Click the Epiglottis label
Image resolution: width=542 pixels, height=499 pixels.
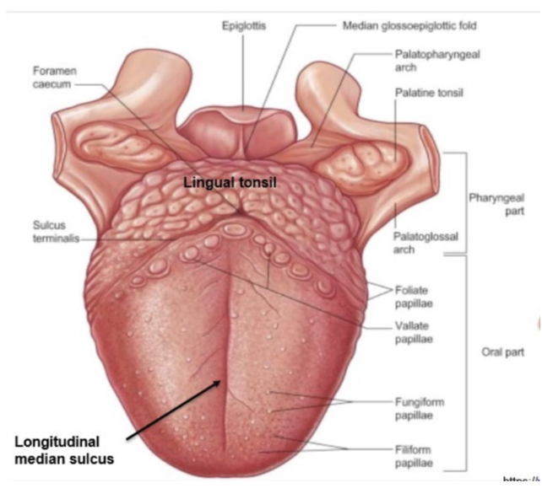[x=244, y=26]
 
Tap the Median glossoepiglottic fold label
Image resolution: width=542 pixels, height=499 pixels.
[x=409, y=26]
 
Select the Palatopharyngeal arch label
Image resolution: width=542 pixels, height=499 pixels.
[x=427, y=59]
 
